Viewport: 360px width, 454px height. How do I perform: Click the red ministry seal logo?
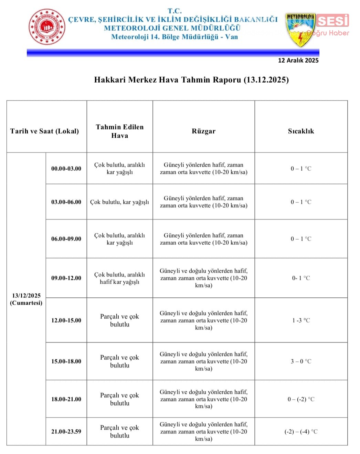pyautogui.click(x=47, y=27)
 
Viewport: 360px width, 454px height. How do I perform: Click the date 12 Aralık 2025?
pyautogui.click(x=298, y=61)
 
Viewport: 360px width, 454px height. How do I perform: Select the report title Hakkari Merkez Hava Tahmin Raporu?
pyautogui.click(x=191, y=80)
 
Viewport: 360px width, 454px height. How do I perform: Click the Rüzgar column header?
pyautogui.click(x=203, y=131)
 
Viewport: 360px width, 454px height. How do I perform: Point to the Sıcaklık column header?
pyautogui.click(x=301, y=131)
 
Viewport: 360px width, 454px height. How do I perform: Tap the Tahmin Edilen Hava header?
pyautogui.click(x=119, y=131)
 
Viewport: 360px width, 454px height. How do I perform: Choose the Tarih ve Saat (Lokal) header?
pyautogui.click(x=44, y=131)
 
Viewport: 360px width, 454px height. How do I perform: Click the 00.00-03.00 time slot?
pyautogui.click(x=66, y=169)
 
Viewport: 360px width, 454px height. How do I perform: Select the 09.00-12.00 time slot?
pyautogui.click(x=66, y=278)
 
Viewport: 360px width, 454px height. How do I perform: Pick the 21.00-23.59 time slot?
pyautogui.click(x=66, y=432)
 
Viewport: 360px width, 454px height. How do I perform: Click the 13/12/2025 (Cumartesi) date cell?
pyautogui.click(x=26, y=299)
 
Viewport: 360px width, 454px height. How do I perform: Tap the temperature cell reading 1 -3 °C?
pyautogui.click(x=301, y=320)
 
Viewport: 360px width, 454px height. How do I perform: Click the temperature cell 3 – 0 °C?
pyautogui.click(x=301, y=361)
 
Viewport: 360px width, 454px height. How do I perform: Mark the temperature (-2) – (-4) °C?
pyautogui.click(x=301, y=432)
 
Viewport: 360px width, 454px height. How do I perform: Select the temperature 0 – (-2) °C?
pyautogui.click(x=301, y=399)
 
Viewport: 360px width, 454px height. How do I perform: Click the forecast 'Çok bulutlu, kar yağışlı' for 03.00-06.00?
pyautogui.click(x=119, y=202)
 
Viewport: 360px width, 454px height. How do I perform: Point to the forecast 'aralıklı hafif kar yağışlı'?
pyautogui.click(x=119, y=278)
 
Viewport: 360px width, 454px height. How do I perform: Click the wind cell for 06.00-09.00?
pyautogui.click(x=203, y=239)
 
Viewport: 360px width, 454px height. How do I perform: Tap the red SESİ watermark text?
pyautogui.click(x=332, y=21)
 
